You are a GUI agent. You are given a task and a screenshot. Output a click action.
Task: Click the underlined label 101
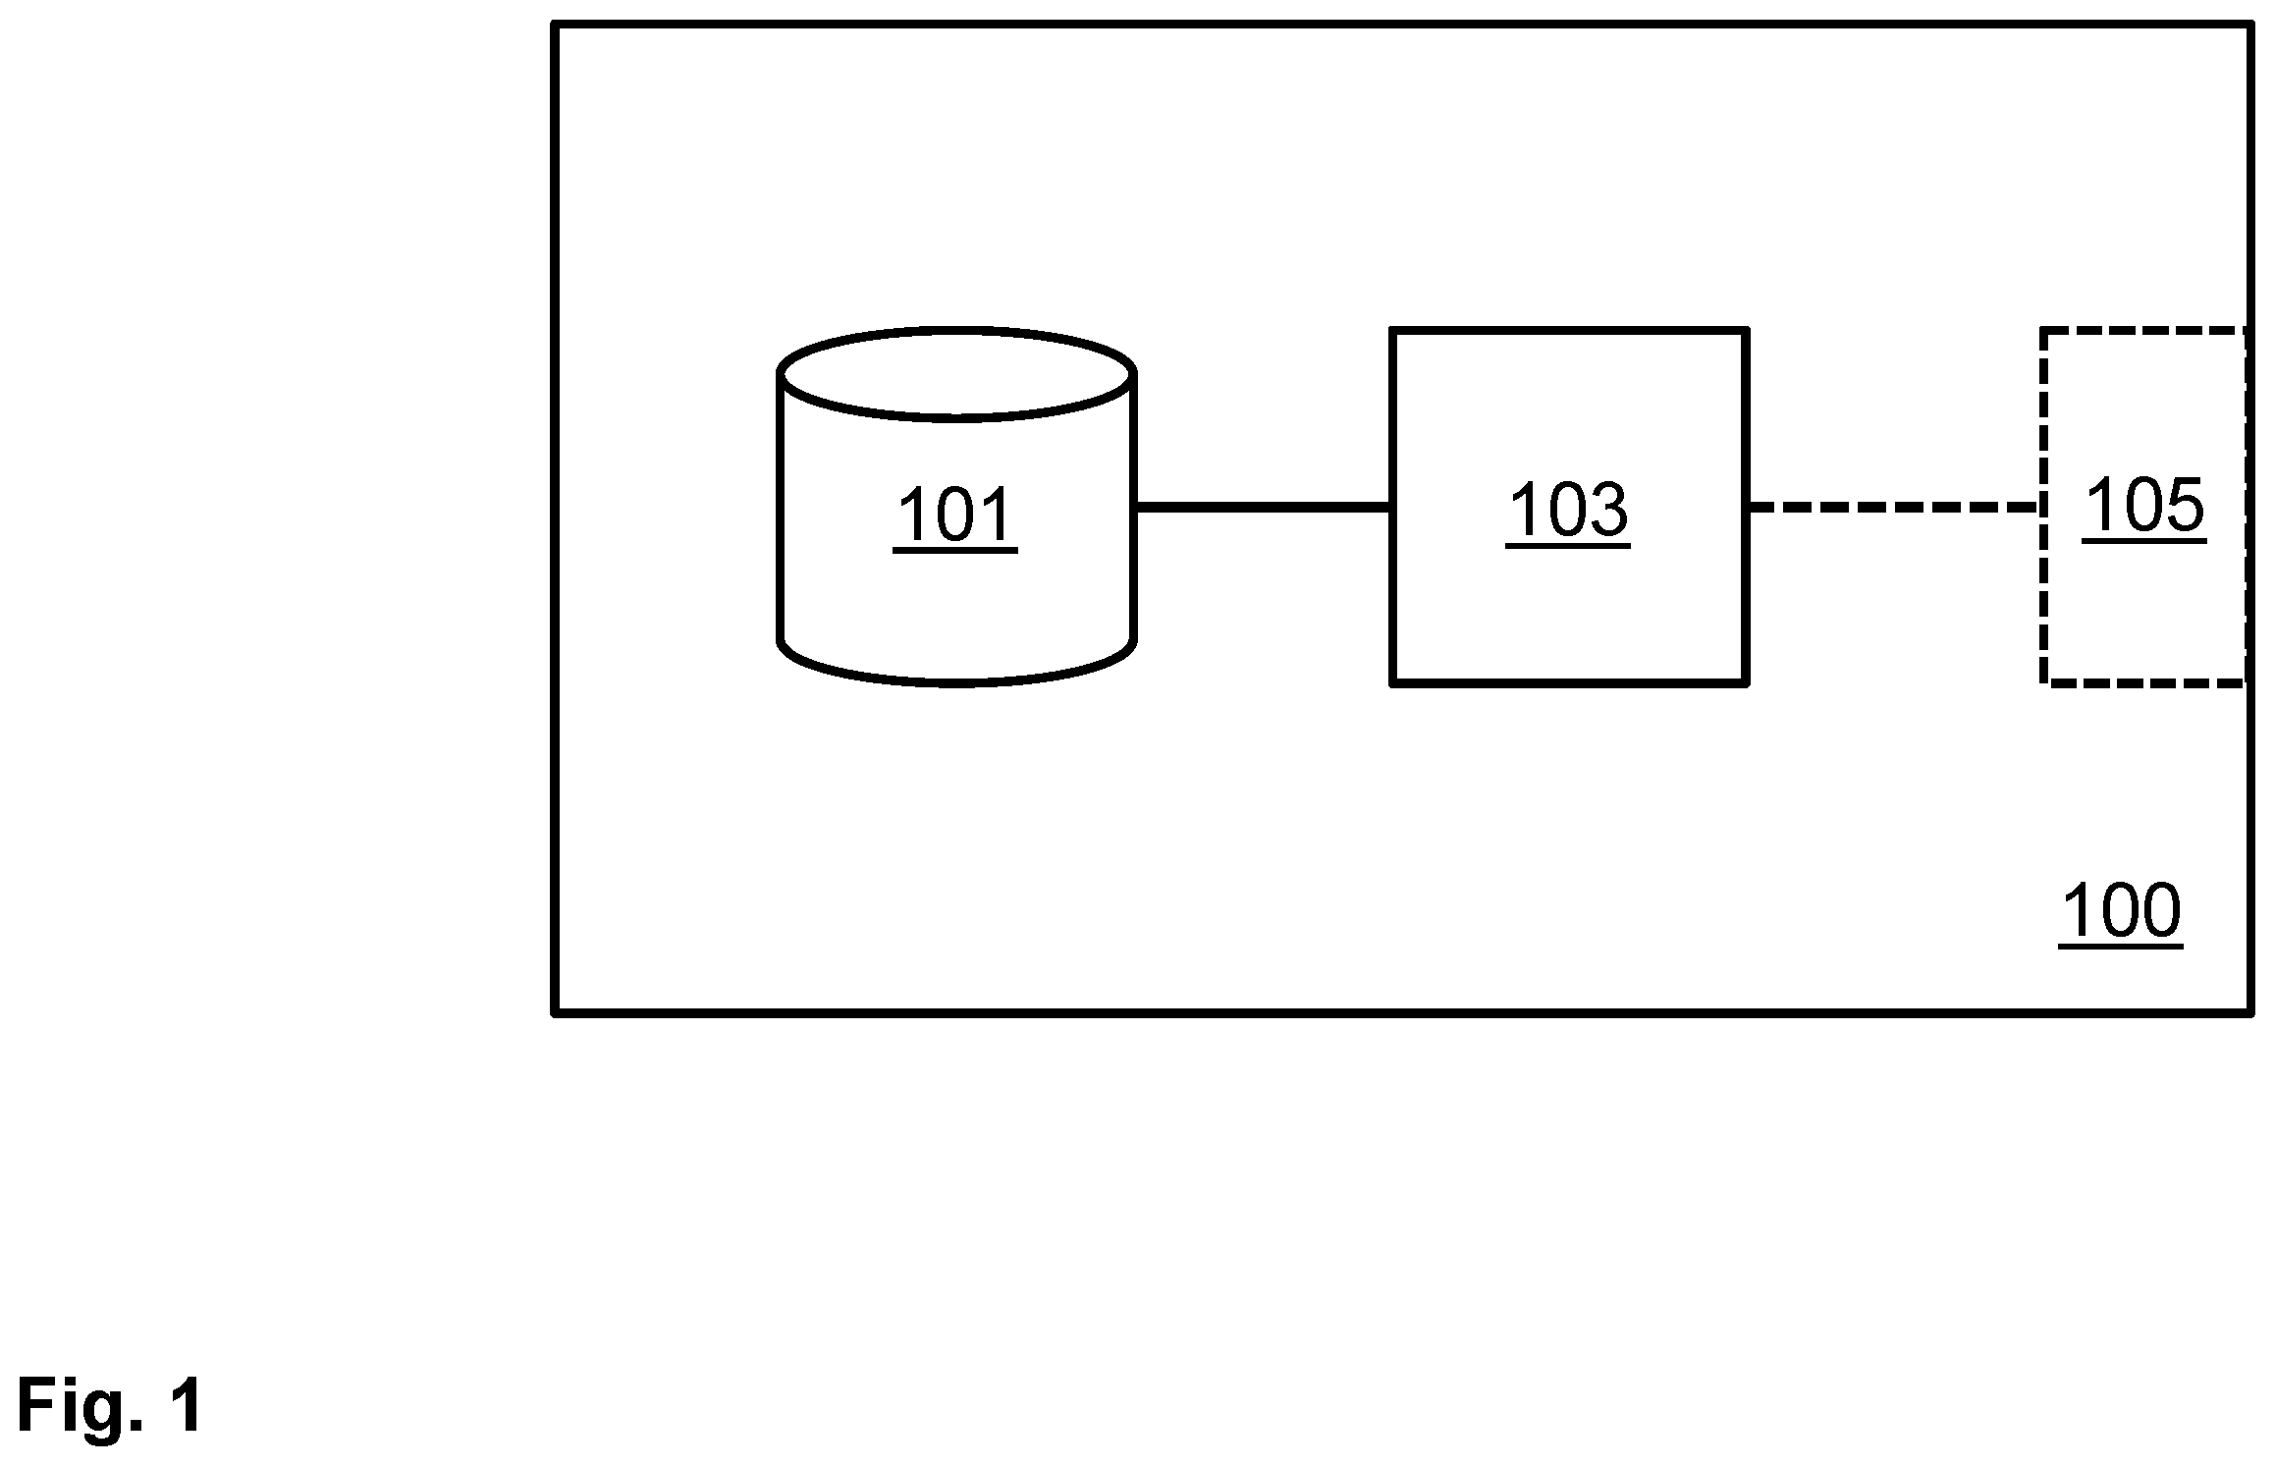click(x=954, y=516)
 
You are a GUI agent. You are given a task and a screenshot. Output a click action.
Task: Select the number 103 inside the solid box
click(x=1567, y=511)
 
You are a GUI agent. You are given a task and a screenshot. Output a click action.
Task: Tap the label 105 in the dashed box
click(x=2143, y=506)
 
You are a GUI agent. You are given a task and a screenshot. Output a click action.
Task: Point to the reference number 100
click(x=2121, y=912)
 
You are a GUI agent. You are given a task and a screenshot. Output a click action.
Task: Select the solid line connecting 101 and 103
click(x=1263, y=508)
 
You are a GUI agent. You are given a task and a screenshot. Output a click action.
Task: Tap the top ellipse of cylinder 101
click(x=957, y=328)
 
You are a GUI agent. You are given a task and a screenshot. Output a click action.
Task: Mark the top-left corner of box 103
click(x=1392, y=331)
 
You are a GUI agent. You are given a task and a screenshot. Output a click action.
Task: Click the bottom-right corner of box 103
click(x=1746, y=682)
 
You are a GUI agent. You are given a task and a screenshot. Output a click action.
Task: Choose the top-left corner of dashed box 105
click(x=2043, y=331)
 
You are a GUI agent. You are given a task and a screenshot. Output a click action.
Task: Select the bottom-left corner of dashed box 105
click(x=2043, y=682)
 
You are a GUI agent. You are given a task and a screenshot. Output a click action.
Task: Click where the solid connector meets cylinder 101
click(x=1136, y=508)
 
